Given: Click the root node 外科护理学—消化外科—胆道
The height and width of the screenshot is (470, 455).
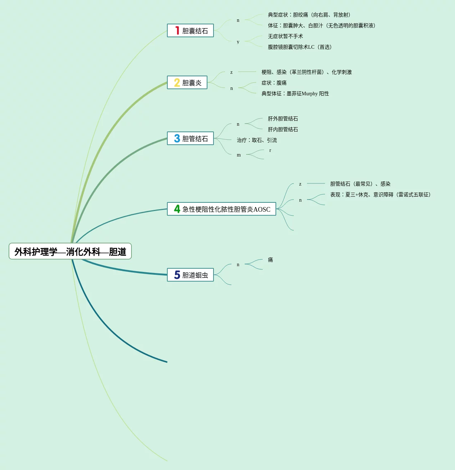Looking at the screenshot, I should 70,251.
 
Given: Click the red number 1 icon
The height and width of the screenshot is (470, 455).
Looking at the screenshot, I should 177,30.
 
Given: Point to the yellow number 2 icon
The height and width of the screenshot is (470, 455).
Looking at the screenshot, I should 177,83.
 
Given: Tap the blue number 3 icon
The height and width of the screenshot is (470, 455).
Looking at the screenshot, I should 177,139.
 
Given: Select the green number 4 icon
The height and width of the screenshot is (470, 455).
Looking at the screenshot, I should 177,209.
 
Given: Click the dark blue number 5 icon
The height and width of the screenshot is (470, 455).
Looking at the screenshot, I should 177,275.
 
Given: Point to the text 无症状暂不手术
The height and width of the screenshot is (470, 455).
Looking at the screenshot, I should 286,36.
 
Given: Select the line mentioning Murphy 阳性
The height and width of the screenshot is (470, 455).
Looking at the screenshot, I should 295,93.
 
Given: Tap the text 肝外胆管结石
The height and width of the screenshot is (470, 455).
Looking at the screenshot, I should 283,119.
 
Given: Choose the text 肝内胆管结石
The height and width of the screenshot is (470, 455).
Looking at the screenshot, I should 283,129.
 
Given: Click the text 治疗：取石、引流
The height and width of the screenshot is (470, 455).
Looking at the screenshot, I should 257,140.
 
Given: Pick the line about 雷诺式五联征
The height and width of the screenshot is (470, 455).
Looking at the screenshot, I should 380,195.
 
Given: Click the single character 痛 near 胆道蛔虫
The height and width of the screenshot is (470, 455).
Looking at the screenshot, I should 270,260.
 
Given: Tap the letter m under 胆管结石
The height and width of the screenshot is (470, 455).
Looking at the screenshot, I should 239,155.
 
